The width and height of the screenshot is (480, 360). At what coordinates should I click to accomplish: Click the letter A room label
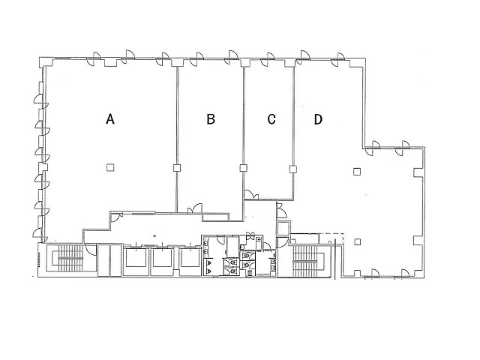click(110, 118)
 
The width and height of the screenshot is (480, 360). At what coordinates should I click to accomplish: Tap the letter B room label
click(211, 118)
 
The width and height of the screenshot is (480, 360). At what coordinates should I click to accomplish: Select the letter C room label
click(271, 119)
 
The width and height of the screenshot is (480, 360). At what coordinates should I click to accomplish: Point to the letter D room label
click(318, 119)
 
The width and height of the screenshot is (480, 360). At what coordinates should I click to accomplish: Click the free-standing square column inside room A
click(110, 167)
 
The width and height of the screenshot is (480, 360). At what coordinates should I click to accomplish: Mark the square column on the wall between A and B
click(177, 168)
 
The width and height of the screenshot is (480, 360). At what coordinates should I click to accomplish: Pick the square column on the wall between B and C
click(243, 168)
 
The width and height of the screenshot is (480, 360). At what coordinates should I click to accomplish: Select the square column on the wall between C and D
click(293, 169)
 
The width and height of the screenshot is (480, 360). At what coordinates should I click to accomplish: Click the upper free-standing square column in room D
click(357, 172)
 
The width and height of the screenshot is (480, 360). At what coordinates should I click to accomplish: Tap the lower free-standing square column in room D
click(357, 241)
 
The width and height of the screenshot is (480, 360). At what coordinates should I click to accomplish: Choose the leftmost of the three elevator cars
click(136, 258)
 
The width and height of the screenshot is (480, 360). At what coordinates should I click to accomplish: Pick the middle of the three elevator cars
click(163, 258)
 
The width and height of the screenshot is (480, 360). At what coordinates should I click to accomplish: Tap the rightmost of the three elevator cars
click(190, 258)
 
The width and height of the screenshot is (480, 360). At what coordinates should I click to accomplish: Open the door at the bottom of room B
click(195, 208)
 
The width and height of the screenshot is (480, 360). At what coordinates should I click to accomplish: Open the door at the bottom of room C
click(251, 195)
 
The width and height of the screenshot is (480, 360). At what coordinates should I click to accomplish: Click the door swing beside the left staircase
click(91, 249)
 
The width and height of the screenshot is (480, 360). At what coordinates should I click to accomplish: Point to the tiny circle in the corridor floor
click(154, 235)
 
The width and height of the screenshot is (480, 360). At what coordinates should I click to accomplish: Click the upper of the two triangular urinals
click(209, 262)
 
